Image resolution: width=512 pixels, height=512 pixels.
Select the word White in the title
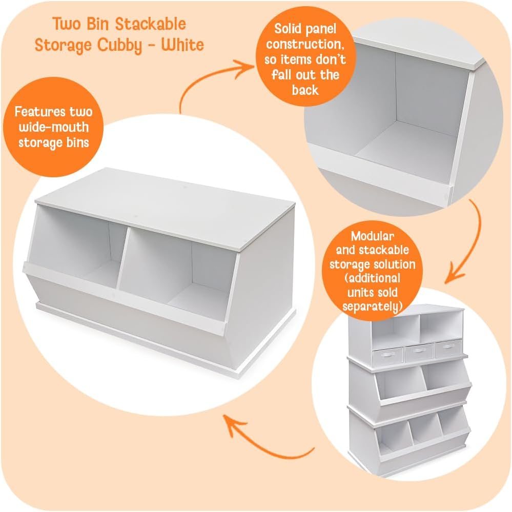pyautogui.click(x=182, y=45)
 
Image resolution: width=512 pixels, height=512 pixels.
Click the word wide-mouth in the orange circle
pyautogui.click(x=52, y=127)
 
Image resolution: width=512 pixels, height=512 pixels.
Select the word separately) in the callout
pyautogui.click(x=372, y=307)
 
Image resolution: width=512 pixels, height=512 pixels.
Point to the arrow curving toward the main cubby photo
pyautogui.click(x=267, y=441)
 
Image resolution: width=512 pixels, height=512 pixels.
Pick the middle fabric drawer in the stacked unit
pyautogui.click(x=419, y=352)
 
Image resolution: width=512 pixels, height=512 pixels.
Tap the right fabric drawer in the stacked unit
pyautogui.click(x=447, y=349)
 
